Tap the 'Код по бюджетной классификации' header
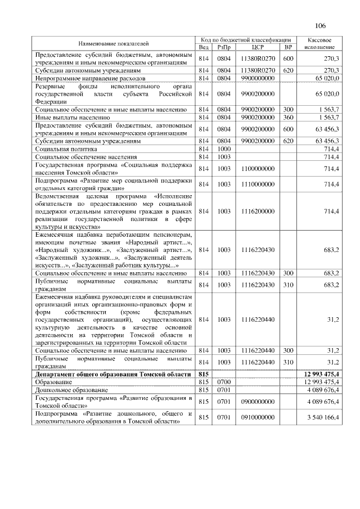coord(246,40)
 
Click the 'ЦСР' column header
coord(258,47)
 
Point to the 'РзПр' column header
coord(224,47)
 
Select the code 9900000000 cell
coord(258,78)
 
